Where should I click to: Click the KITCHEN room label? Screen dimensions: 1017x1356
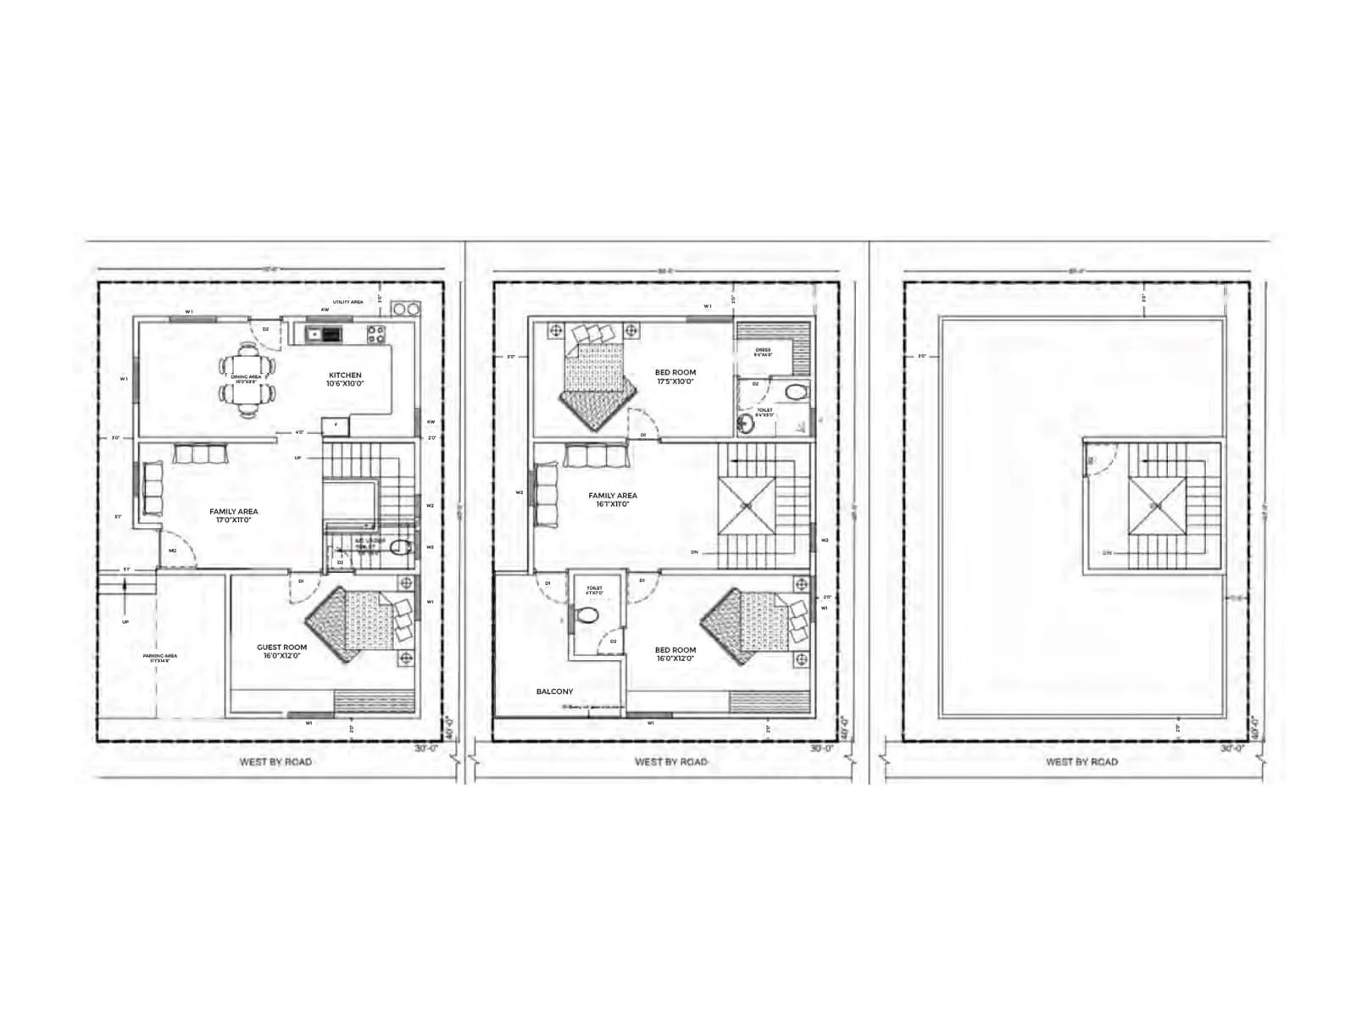point(345,375)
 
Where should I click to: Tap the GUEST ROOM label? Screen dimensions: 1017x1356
point(282,647)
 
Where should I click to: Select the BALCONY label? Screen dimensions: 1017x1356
point(554,692)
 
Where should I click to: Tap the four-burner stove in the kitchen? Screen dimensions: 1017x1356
point(376,334)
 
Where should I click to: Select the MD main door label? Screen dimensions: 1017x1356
point(173,551)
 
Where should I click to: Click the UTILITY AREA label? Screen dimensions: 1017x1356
point(347,302)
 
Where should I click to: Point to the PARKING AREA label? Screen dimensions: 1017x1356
point(159,657)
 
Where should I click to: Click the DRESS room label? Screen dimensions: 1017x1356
point(763,350)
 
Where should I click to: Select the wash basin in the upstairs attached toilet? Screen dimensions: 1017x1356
point(746,424)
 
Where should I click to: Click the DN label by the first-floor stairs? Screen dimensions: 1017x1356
point(694,552)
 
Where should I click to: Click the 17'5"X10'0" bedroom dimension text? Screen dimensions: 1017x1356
point(675,381)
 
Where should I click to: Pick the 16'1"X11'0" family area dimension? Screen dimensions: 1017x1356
point(613,504)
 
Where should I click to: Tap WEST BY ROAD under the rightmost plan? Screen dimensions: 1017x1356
point(1081,761)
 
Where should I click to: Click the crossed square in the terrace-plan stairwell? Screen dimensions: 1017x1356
point(1157,506)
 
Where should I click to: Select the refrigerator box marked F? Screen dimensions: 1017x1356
point(336,424)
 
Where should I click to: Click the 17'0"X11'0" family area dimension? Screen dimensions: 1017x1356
point(234,520)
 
